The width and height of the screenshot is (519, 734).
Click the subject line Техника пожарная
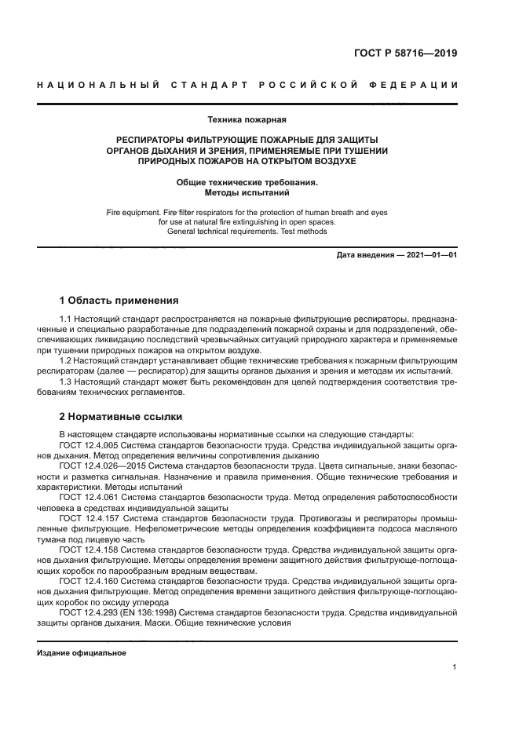[x=247, y=120]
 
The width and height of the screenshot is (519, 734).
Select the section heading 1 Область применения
[x=119, y=300]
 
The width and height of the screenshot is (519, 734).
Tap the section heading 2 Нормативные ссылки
[x=121, y=416]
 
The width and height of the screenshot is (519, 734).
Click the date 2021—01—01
[x=429, y=255]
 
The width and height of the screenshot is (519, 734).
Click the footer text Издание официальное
[x=82, y=652]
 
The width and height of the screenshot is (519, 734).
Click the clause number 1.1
[x=66, y=320]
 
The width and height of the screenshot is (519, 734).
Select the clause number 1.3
[x=66, y=382]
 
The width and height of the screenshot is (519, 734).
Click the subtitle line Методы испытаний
[x=247, y=192]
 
